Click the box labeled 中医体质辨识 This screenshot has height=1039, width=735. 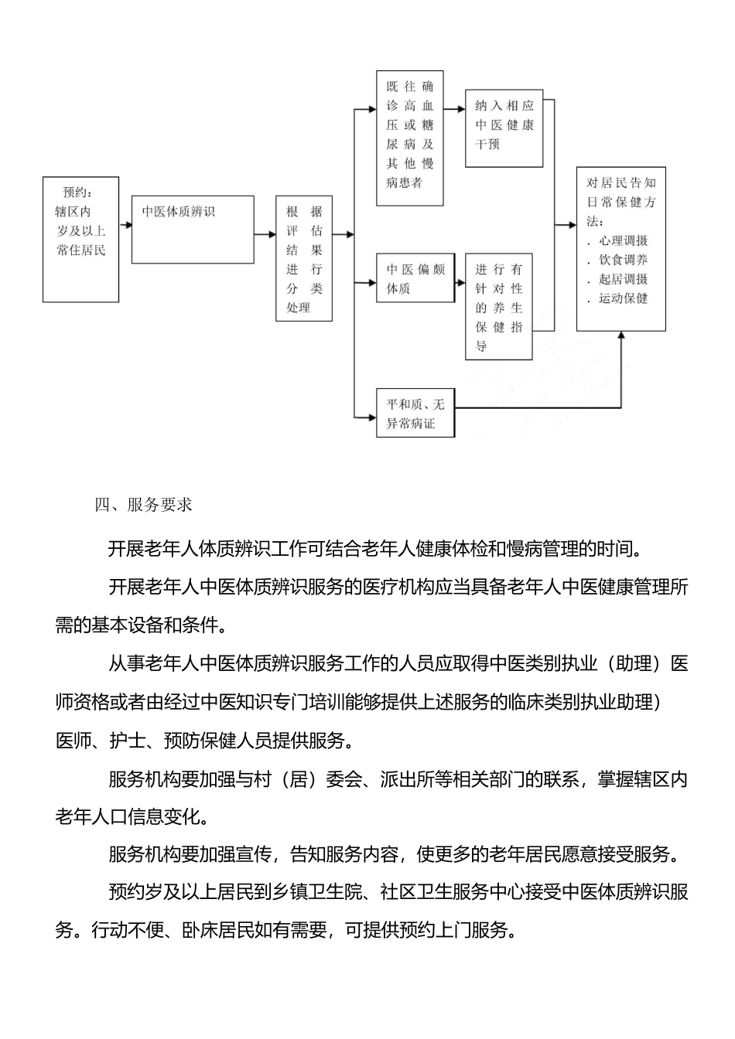193,230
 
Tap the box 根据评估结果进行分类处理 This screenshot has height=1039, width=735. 304,258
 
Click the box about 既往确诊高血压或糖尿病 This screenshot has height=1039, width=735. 410,138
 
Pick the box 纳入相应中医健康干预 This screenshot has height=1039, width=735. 504,128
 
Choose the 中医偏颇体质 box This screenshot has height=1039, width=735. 415,278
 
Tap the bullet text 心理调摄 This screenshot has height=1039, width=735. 623,241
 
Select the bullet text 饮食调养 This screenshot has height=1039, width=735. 623,261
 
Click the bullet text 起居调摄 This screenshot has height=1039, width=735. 623,279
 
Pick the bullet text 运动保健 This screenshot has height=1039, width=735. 623,298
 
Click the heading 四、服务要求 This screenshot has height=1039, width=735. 143,505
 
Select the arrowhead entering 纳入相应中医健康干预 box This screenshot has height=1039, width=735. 461,108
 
